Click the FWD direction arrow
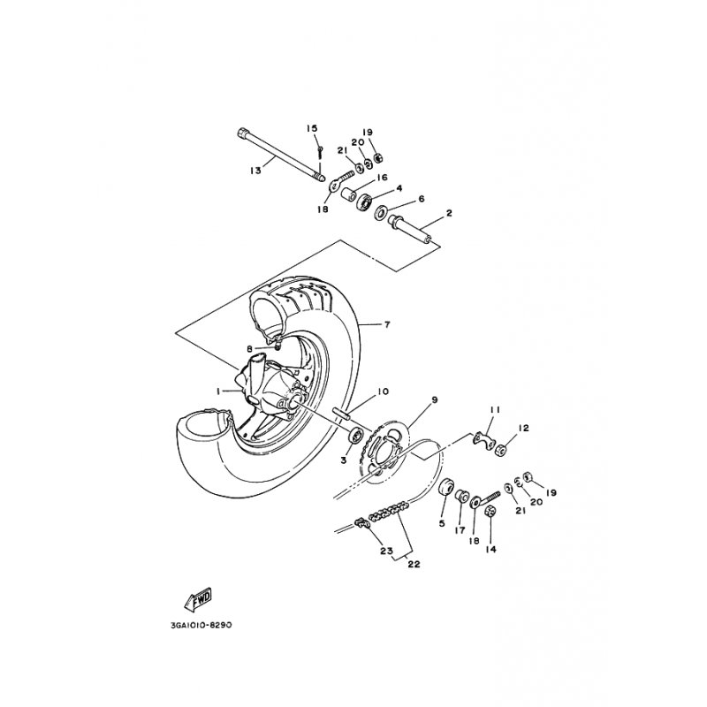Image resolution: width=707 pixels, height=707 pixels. click(x=198, y=599)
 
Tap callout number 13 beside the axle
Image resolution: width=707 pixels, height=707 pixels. click(x=255, y=171)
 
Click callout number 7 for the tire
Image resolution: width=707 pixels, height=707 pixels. click(x=387, y=324)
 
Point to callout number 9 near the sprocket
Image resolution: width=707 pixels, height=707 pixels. click(x=435, y=399)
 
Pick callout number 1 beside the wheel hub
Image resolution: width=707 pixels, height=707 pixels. click(x=218, y=392)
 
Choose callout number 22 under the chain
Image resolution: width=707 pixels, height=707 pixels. click(x=414, y=564)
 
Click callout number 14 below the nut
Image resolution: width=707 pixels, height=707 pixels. click(x=490, y=549)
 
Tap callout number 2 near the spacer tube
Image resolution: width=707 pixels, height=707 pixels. click(x=449, y=213)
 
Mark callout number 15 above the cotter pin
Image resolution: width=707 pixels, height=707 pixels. click(x=312, y=128)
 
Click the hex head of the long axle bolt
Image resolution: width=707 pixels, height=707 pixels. click(x=241, y=133)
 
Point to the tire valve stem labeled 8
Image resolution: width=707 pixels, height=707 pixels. click(x=277, y=346)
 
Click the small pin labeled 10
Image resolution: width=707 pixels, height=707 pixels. click(x=342, y=413)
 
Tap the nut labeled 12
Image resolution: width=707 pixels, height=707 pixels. click(x=500, y=450)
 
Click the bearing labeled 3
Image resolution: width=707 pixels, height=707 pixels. click(x=357, y=436)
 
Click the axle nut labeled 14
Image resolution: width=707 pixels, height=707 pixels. click(x=490, y=512)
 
